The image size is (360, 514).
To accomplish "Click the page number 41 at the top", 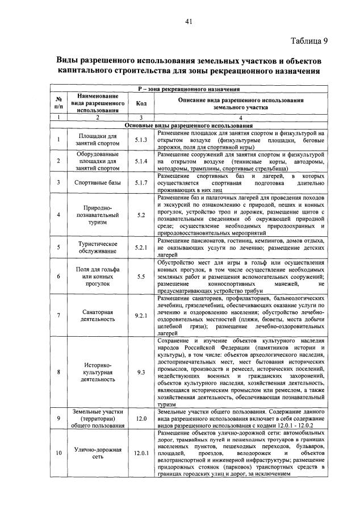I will click(x=189, y=22).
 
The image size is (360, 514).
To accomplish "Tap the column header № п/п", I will click(x=58, y=103).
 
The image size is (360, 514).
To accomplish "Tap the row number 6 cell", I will click(x=58, y=277).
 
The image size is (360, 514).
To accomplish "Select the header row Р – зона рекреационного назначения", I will click(x=189, y=89).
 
